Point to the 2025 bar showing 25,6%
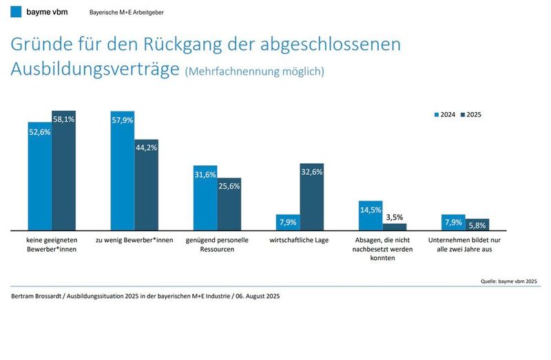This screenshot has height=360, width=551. pos(229,204)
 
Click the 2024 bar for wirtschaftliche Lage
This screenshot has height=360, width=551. pos(288,222)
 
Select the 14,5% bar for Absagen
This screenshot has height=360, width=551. pos(371,215)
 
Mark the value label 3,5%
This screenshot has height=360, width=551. pos(395,217)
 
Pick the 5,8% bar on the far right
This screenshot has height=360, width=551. pos(477,224)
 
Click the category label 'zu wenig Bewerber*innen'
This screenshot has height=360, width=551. pos(134,240)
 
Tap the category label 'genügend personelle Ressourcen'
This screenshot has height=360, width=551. pos(217,244)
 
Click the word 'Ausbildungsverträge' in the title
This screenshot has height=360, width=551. pos(95,69)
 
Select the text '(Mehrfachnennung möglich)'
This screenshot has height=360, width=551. pos(254,72)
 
